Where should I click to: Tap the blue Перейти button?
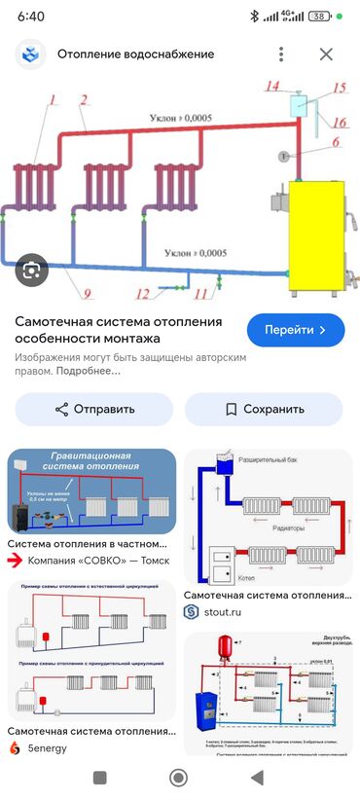coord(297,330)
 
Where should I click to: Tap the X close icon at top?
coord(326,55)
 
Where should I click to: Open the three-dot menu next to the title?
coord(281,55)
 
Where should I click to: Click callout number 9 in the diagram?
coord(87,291)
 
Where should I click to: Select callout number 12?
coord(143,293)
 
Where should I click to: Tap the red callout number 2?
coord(85,99)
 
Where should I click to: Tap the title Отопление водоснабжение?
coord(135,55)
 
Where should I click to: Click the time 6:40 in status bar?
coord(31,17)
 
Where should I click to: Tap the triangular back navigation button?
coord(256,777)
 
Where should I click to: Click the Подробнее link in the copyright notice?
coord(83,372)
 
